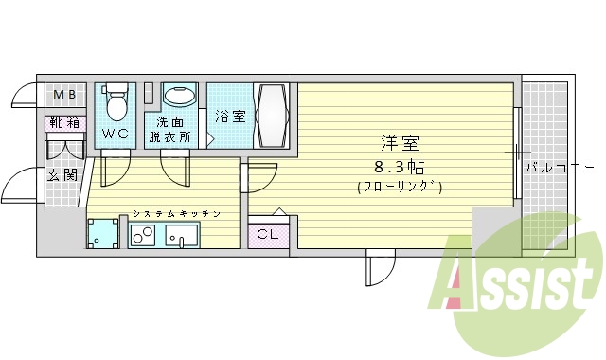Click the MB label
(x=64, y=95)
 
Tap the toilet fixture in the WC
(x=116, y=101)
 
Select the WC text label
(x=116, y=134)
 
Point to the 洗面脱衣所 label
(x=169, y=129)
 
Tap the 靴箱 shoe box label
(x=64, y=122)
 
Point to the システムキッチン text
(x=176, y=214)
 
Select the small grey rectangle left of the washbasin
(x=148, y=93)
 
